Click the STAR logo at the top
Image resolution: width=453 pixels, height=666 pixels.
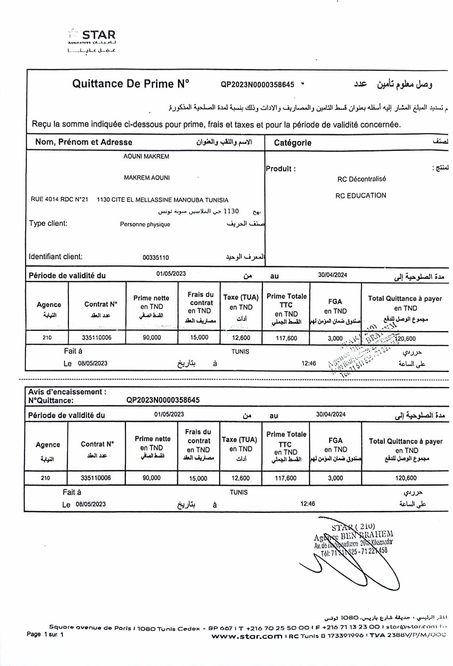point(92,39)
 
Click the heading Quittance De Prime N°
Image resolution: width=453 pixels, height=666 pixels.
point(131,84)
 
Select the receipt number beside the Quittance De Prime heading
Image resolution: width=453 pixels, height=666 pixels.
point(257,85)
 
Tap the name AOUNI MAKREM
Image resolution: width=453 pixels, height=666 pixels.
point(146,156)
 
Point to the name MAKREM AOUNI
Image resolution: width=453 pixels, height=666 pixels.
point(146,178)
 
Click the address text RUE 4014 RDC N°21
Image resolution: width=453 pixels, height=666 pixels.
point(59,199)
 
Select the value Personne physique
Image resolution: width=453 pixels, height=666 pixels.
point(145,224)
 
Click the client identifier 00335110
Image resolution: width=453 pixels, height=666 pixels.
point(156,258)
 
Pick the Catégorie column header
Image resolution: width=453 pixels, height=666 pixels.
point(292,143)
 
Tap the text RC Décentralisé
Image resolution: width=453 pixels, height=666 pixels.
point(361,179)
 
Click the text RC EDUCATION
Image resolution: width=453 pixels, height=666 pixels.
point(361,196)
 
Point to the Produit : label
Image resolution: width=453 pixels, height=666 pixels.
point(280,169)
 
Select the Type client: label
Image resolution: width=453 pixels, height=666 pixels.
point(48,223)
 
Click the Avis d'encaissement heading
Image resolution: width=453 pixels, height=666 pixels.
point(67,392)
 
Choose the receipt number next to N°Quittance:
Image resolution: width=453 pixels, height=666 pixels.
point(163,400)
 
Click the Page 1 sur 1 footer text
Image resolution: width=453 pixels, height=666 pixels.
point(45,635)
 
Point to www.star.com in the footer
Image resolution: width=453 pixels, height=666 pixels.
point(247,636)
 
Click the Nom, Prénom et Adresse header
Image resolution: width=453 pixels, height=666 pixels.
point(84,142)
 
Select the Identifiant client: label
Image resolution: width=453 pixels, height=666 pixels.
point(55,257)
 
